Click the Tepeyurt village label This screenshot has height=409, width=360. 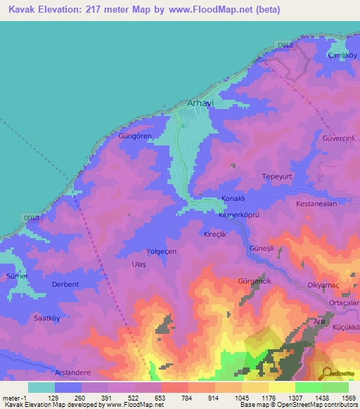(x=276, y=176)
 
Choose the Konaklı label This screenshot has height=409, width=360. (x=233, y=199)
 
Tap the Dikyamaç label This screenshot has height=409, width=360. (x=323, y=285)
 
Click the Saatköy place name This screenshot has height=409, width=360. (x=49, y=318)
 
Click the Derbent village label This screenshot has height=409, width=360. (x=65, y=284)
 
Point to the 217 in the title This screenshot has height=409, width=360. (x=101, y=10)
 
